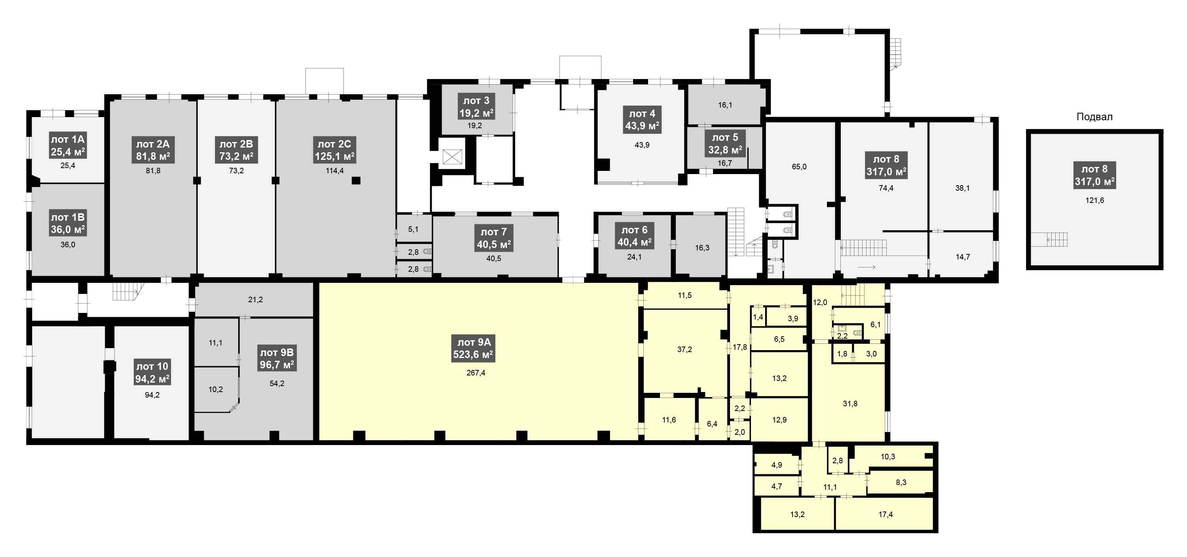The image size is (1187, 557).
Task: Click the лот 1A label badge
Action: click(68, 146)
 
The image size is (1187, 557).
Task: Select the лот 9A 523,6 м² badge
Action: click(474, 348)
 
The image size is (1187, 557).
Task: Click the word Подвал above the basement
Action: click(1094, 117)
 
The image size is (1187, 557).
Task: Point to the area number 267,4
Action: click(476, 373)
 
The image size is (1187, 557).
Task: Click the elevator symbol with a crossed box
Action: click(451, 157)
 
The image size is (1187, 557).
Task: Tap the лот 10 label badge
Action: click(152, 373)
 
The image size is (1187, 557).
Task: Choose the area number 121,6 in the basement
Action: click(1095, 201)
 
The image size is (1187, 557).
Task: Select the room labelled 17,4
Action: click(886, 514)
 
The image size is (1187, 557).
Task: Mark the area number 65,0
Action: click(799, 167)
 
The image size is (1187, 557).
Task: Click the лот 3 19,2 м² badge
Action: click(476, 107)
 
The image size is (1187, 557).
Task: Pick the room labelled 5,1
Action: click(414, 229)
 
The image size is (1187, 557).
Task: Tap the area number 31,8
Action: click(850, 404)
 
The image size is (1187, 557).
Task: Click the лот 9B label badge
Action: click(277, 359)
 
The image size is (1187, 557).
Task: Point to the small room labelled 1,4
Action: click(758, 317)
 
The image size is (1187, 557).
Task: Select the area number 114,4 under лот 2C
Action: click(334, 171)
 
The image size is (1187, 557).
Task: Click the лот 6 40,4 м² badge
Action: click(635, 236)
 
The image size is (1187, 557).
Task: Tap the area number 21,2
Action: click(255, 300)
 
